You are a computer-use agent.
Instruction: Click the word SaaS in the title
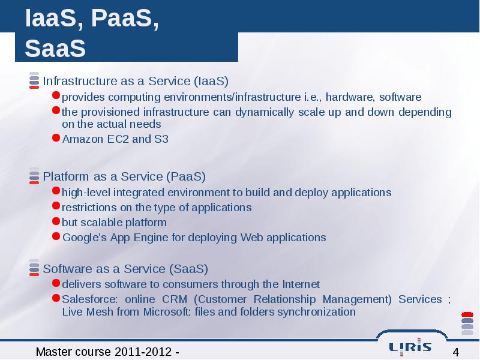click(x=55, y=49)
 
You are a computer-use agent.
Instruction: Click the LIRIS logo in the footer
click(x=410, y=347)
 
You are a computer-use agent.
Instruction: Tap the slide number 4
click(x=456, y=352)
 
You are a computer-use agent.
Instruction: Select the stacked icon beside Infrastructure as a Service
click(x=34, y=80)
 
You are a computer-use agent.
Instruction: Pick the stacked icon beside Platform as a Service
click(x=34, y=176)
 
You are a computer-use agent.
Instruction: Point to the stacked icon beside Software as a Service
click(x=34, y=268)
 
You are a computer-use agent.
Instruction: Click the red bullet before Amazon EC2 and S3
click(x=56, y=138)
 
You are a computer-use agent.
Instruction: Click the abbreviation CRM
click(x=175, y=299)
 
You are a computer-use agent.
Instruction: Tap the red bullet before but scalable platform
click(x=56, y=221)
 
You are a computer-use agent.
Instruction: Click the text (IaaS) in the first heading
click(x=211, y=81)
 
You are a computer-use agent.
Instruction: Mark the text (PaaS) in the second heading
click(x=186, y=176)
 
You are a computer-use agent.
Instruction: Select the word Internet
click(x=301, y=284)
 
